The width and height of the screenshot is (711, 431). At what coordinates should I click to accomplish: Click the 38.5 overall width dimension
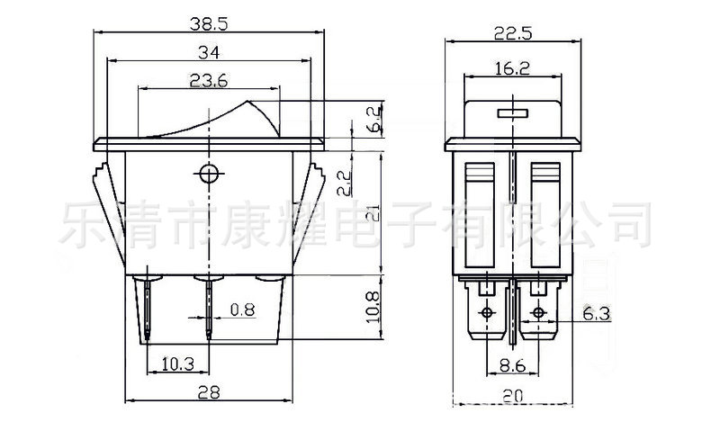(x=209, y=23)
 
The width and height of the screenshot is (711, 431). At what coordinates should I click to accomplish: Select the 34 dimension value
(x=209, y=52)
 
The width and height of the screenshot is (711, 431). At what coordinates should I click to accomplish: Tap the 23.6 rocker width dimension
(x=209, y=81)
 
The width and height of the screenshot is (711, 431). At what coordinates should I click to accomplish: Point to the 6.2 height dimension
(x=375, y=119)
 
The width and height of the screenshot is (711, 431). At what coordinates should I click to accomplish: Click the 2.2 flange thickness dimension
(x=344, y=183)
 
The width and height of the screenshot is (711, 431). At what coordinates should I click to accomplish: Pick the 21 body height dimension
(x=374, y=212)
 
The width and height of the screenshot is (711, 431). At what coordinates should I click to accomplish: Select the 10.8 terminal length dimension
(x=373, y=307)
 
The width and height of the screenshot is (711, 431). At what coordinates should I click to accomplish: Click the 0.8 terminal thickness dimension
(x=243, y=310)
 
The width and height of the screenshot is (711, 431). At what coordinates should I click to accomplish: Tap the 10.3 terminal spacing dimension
(x=178, y=364)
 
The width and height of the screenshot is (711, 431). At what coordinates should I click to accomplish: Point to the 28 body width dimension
(x=209, y=392)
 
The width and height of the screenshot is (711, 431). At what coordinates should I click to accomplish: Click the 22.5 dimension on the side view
(x=513, y=33)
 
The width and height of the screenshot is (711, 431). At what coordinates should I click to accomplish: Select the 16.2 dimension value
(x=512, y=68)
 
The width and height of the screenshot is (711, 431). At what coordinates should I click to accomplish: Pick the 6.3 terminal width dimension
(x=597, y=314)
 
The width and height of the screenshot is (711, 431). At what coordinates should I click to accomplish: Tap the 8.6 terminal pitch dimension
(x=512, y=365)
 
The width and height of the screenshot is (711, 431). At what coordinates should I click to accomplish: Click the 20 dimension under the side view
(x=512, y=396)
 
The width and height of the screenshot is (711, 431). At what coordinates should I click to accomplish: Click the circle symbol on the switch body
(x=209, y=173)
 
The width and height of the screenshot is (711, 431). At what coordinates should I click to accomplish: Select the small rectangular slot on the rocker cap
(x=513, y=112)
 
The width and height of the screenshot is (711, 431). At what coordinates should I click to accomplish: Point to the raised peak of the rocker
(x=247, y=102)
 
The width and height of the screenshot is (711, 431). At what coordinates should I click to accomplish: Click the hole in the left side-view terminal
(x=487, y=313)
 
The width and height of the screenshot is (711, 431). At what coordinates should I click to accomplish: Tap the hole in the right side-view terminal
(x=538, y=313)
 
